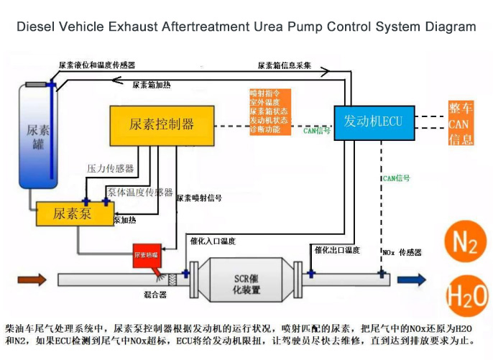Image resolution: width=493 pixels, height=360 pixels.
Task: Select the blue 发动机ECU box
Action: tap(373, 121)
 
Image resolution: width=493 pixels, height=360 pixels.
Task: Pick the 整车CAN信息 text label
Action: tap(460, 124)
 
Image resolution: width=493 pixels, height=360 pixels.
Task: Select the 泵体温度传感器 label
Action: tap(140, 192)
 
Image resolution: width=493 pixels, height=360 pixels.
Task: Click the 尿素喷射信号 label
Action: tap(198, 198)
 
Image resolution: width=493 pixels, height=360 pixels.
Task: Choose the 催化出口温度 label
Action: tap(337, 250)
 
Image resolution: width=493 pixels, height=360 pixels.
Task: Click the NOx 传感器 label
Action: tap(402, 253)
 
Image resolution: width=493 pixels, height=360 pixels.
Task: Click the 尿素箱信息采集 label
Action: tap(284, 65)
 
